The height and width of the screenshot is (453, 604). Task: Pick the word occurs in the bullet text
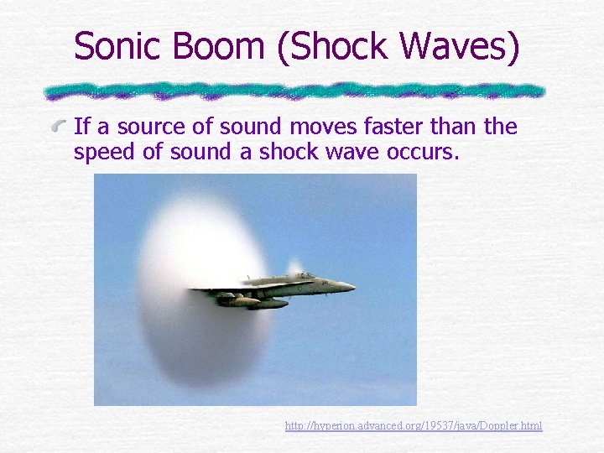424,153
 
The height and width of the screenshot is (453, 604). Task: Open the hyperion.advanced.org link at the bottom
414,426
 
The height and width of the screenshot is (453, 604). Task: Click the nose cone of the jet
350,287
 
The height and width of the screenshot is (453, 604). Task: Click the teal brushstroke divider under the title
294,90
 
